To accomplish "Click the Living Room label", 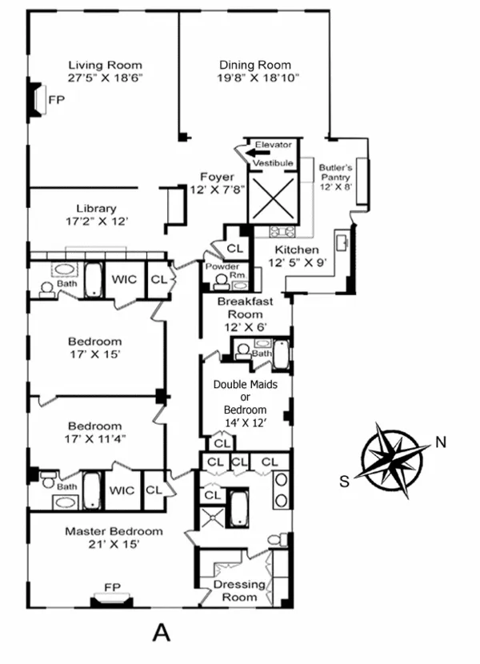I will point(105,65).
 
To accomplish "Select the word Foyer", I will point(217,177).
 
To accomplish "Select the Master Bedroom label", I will point(114,531).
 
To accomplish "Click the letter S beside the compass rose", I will point(344,481).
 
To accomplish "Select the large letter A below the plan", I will point(162,632).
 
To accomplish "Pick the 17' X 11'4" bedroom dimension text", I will point(95,439).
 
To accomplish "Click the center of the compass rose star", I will point(393,462).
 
